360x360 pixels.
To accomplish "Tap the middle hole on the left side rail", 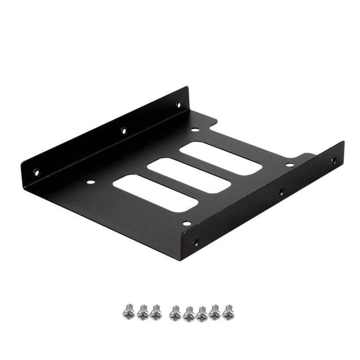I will pos(123,131).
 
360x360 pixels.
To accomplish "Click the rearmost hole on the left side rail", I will pos(178,104).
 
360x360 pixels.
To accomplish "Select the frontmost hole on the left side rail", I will pos(36,172).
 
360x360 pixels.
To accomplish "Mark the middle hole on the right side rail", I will pos(281,192).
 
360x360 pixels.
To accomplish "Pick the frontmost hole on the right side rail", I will pos(195,243).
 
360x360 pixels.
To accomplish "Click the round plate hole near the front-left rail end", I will pos(91,181).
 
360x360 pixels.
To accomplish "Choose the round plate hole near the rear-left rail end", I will pos(194,130).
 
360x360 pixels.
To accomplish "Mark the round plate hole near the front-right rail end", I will pos(187,223).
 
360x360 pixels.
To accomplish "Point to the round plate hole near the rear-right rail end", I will pos(290,165).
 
